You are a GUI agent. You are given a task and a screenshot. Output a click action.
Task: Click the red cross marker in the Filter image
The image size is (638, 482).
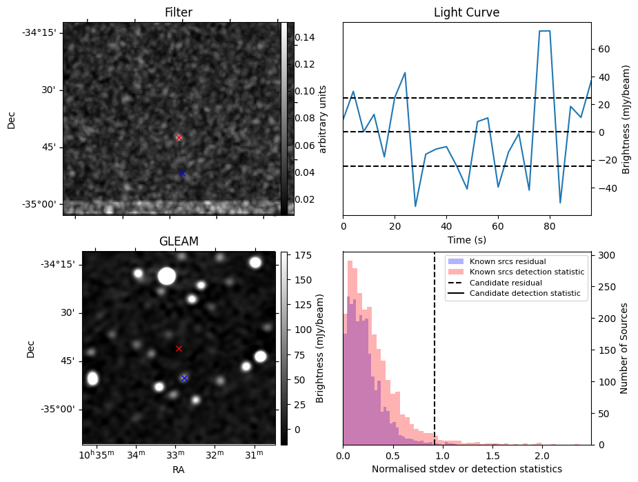coord(179,138)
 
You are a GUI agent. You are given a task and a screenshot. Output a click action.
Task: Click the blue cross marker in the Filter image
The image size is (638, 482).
coord(182,174)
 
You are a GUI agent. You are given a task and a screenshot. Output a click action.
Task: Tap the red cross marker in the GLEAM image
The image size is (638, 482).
coord(179,349)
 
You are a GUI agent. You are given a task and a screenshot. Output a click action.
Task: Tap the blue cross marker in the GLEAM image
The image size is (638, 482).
coord(184,378)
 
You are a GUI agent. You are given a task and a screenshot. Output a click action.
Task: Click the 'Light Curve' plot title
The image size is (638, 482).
coord(466,12)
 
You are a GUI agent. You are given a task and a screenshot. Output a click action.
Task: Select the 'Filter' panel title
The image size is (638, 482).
coord(179,12)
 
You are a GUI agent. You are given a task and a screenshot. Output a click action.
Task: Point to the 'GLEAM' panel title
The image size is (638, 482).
coord(179,241)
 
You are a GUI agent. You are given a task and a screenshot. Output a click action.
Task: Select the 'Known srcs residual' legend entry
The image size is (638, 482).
coord(508,261)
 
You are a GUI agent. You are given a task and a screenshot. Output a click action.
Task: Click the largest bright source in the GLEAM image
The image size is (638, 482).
coord(166,277)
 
